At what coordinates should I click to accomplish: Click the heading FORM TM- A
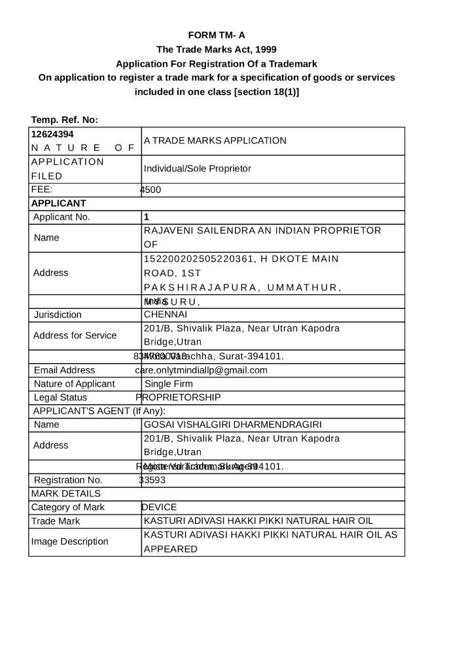(x=217, y=35)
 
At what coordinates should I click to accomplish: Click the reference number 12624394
(x=52, y=134)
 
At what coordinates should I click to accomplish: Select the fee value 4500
(x=150, y=190)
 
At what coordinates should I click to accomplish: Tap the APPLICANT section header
(x=59, y=203)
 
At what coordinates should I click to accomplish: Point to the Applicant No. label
(x=62, y=217)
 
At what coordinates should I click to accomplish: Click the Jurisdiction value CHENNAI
(x=165, y=315)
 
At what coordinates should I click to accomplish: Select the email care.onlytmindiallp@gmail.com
(x=202, y=370)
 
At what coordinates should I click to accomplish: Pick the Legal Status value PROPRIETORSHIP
(x=178, y=398)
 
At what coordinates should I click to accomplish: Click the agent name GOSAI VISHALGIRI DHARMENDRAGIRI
(x=232, y=424)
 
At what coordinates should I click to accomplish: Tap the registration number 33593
(x=152, y=480)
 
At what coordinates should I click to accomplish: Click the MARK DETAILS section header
(x=66, y=493)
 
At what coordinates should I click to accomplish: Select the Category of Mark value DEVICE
(x=159, y=507)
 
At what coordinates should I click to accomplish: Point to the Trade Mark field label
(x=56, y=521)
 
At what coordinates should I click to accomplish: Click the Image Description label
(x=70, y=542)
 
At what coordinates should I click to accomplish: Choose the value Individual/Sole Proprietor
(x=197, y=169)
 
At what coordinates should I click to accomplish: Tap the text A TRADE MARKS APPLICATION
(x=215, y=141)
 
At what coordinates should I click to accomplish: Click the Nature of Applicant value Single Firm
(x=169, y=384)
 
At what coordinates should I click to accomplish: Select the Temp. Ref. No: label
(x=65, y=120)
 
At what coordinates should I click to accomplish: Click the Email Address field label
(x=64, y=370)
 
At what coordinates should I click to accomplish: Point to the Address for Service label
(x=75, y=336)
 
